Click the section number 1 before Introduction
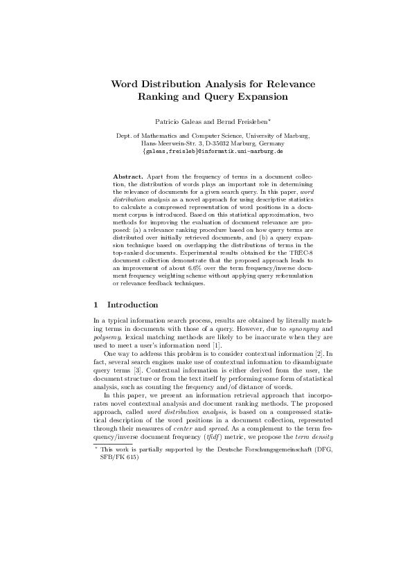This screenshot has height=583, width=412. [x=95, y=305]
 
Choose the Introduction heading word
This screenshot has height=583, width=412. [x=133, y=305]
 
